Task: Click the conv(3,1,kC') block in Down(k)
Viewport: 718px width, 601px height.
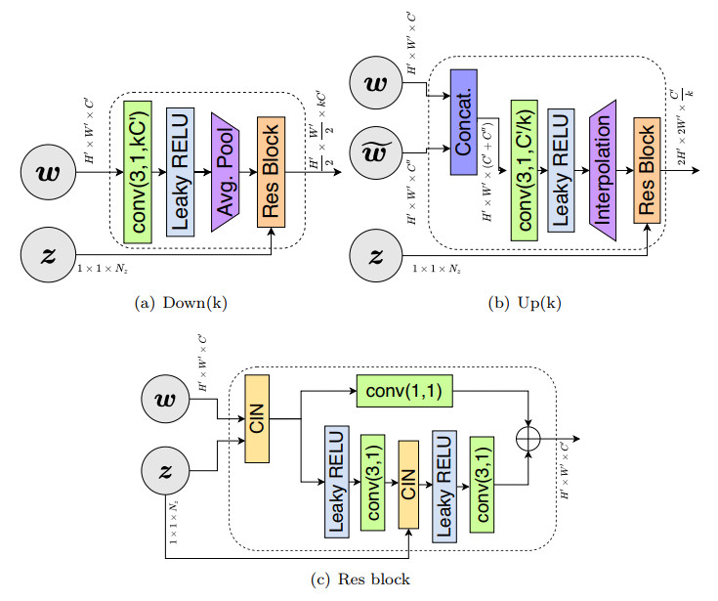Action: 139,169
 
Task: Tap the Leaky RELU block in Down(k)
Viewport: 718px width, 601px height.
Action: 182,169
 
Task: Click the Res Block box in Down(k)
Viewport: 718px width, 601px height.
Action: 271,171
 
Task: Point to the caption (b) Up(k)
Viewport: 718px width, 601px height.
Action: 525,302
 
